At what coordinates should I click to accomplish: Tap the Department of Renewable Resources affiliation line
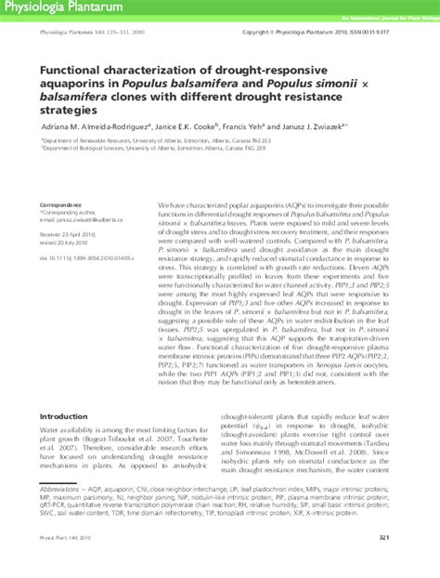pyautogui.click(x=138, y=141)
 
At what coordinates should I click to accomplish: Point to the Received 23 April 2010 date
pyautogui.click(x=70, y=236)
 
